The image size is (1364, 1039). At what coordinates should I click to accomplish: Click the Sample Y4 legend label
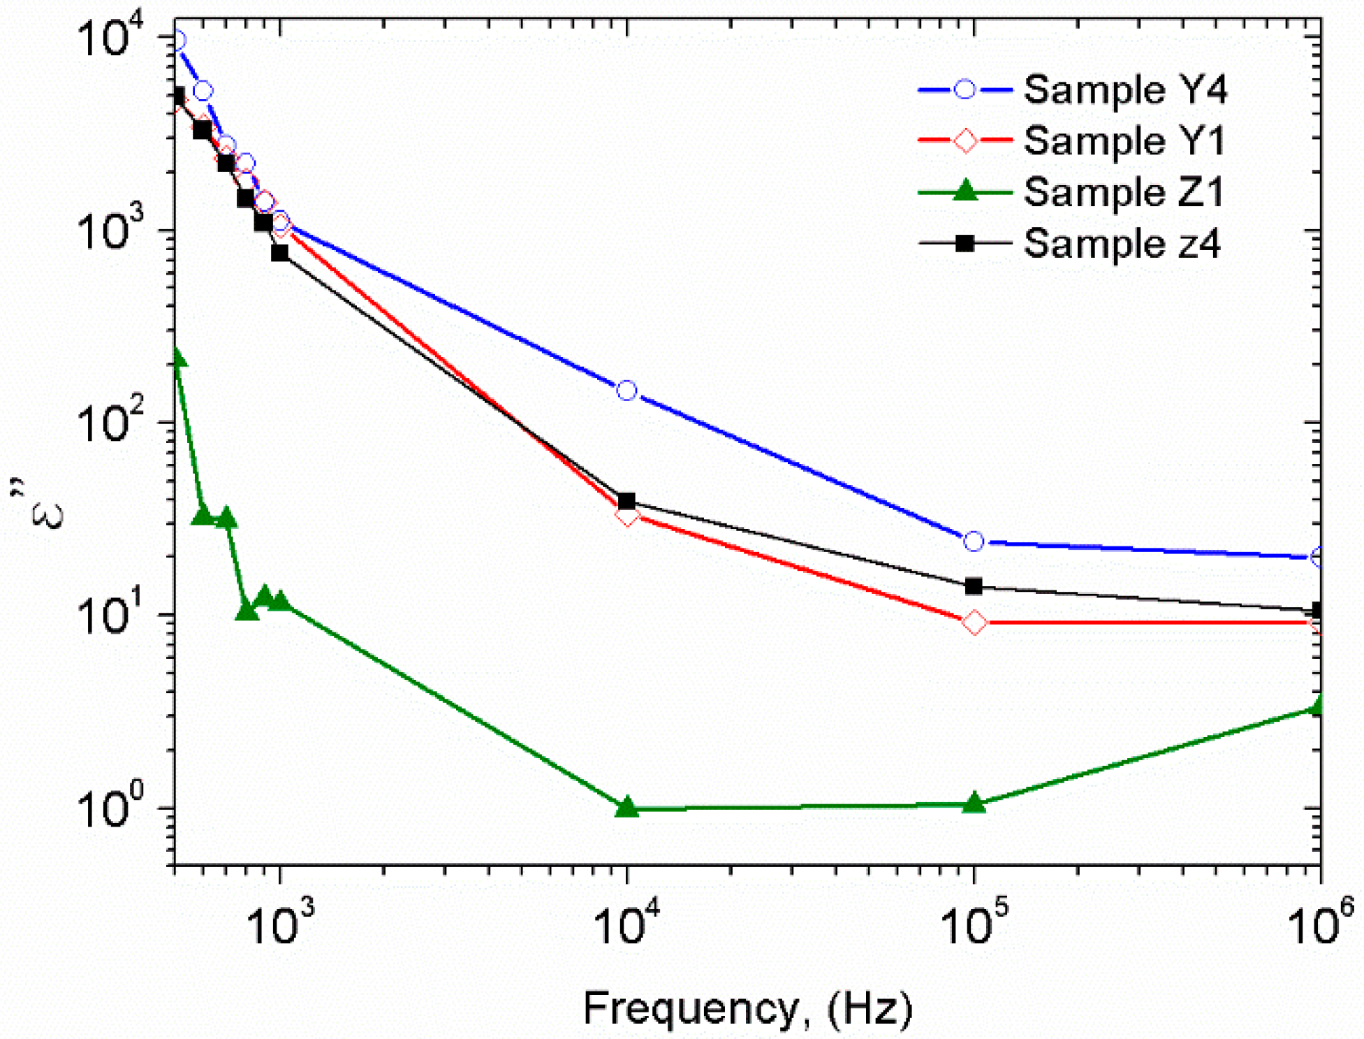pos(1124,90)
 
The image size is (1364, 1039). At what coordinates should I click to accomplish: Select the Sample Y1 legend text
pos(1124,141)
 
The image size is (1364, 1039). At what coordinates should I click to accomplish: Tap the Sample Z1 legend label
pos(1124,192)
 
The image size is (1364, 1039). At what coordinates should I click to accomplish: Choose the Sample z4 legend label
pos(1122,244)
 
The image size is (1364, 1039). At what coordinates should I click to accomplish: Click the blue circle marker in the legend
pos(965,89)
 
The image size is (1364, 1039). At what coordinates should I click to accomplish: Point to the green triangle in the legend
pos(965,190)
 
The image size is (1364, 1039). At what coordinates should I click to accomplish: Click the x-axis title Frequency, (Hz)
pos(747,1008)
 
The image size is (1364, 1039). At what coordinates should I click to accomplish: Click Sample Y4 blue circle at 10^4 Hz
pos(627,391)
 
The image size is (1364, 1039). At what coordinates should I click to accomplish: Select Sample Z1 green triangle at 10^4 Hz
pos(627,806)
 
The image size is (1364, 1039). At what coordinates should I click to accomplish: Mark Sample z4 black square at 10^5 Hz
pos(974,586)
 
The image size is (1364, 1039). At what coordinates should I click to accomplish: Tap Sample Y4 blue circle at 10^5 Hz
pos(974,542)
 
